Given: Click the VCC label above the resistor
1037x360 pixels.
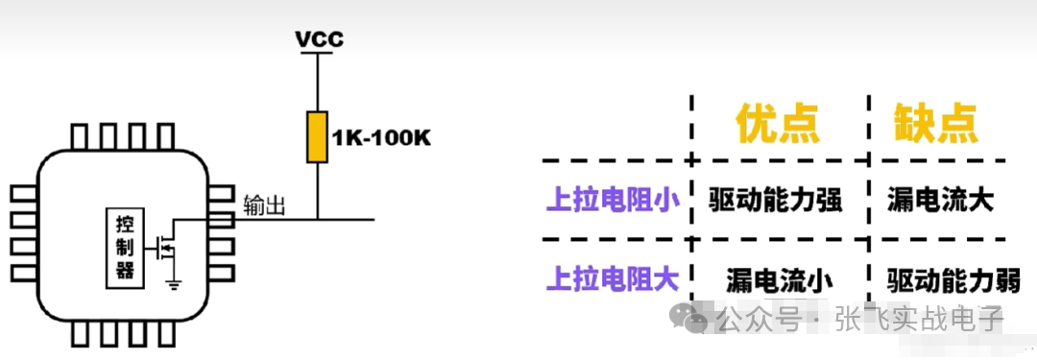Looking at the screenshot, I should [319, 39].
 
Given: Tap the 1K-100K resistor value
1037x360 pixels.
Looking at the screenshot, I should [382, 138].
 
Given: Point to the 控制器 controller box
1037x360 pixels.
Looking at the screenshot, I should [125, 247].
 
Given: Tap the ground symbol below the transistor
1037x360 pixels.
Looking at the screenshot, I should [174, 281].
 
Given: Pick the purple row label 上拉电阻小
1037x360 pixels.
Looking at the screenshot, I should [613, 200].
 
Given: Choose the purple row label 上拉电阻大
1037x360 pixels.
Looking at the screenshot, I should [613, 278].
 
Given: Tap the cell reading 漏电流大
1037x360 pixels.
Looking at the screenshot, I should [941, 200].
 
